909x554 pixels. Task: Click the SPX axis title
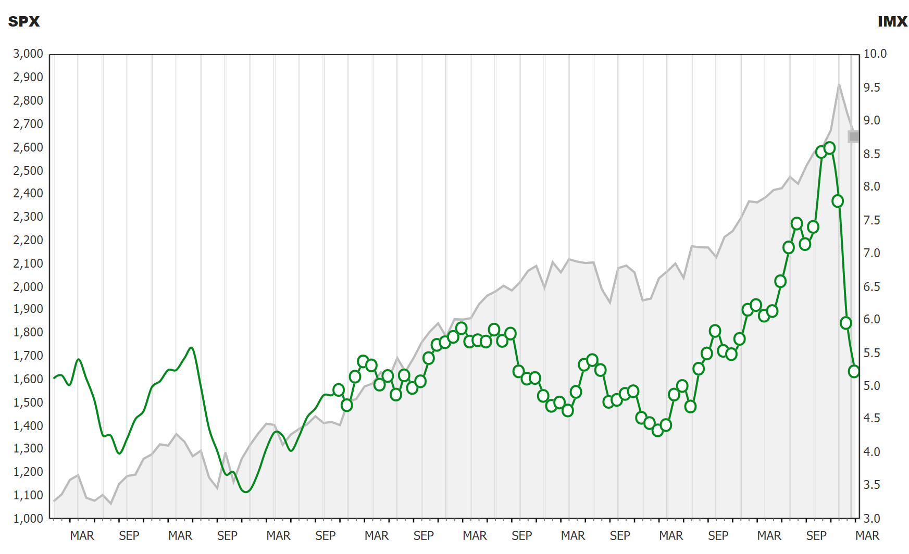click(24, 21)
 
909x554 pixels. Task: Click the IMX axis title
click(892, 21)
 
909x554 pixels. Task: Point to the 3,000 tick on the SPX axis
click(28, 54)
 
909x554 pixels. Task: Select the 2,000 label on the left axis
click(28, 287)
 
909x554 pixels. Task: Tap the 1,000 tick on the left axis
click(28, 519)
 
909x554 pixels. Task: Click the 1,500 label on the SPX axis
click(28, 402)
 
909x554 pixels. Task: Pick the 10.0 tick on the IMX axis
click(875, 54)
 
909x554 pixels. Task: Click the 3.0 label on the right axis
click(872, 519)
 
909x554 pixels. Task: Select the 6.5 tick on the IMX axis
click(872, 287)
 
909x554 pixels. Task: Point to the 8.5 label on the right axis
click(872, 154)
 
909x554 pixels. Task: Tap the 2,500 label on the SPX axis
click(28, 171)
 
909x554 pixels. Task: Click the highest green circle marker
click(830, 148)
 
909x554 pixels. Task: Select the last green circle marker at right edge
click(854, 371)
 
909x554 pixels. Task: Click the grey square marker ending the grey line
click(854, 136)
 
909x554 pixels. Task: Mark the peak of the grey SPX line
click(839, 84)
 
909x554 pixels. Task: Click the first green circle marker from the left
click(339, 390)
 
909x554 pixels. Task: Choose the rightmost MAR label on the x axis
click(867, 536)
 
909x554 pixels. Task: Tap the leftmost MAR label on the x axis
click(82, 536)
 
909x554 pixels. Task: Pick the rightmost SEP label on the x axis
click(816, 536)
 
